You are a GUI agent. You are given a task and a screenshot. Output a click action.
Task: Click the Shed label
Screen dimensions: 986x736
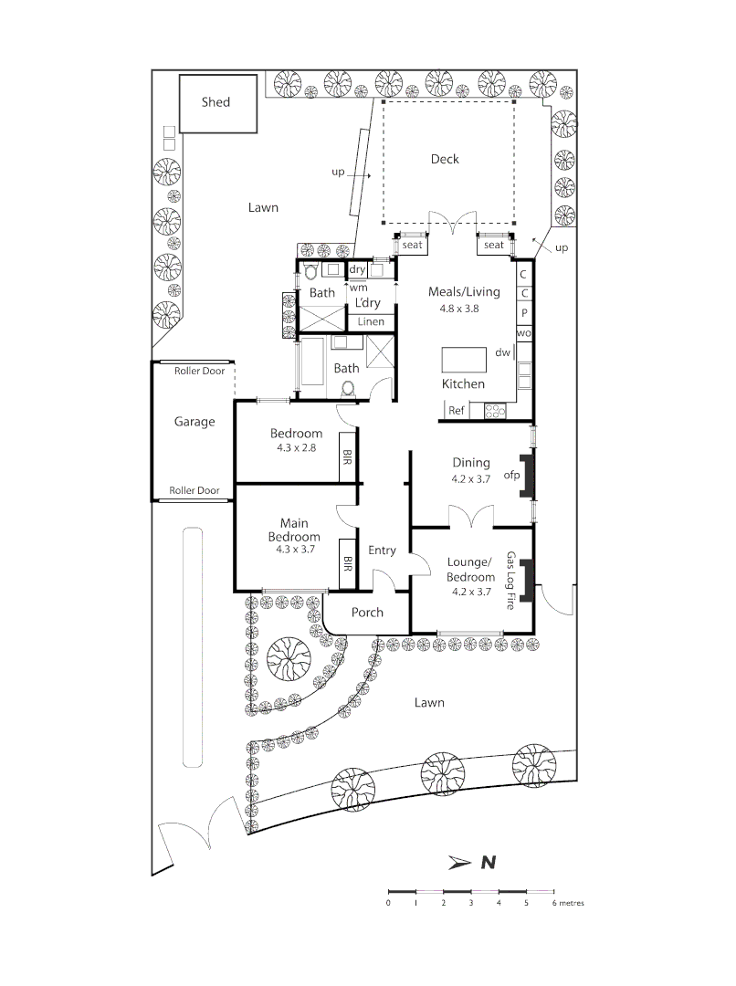(x=216, y=102)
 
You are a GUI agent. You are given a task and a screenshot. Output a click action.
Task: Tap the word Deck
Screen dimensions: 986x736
(x=445, y=160)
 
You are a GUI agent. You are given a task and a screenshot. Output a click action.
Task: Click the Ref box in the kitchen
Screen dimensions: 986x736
(x=457, y=411)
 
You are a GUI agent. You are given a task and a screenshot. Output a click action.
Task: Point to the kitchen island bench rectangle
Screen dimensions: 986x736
(x=466, y=360)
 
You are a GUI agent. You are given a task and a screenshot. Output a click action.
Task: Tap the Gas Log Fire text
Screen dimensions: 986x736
(x=511, y=581)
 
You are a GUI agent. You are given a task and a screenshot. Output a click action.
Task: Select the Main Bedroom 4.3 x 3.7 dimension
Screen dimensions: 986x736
(x=295, y=551)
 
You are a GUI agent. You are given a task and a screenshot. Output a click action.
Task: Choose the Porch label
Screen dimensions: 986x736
(x=367, y=613)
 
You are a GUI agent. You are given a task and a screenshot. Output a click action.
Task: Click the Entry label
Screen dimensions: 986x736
(x=382, y=551)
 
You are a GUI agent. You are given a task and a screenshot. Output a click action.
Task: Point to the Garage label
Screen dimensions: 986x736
(x=195, y=422)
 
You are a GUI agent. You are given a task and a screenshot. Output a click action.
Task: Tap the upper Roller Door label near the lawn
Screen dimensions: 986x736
(x=199, y=371)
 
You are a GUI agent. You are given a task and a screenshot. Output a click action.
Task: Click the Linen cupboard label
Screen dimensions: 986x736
(x=371, y=322)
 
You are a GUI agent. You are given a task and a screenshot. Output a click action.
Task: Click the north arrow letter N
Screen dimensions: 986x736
(x=489, y=862)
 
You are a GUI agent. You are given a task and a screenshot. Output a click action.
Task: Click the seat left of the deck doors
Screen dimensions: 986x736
(x=412, y=246)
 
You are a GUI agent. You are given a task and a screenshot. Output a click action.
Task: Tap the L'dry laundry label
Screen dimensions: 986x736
(x=368, y=302)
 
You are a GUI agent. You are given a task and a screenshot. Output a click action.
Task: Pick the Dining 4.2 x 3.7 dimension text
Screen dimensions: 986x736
(x=470, y=478)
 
